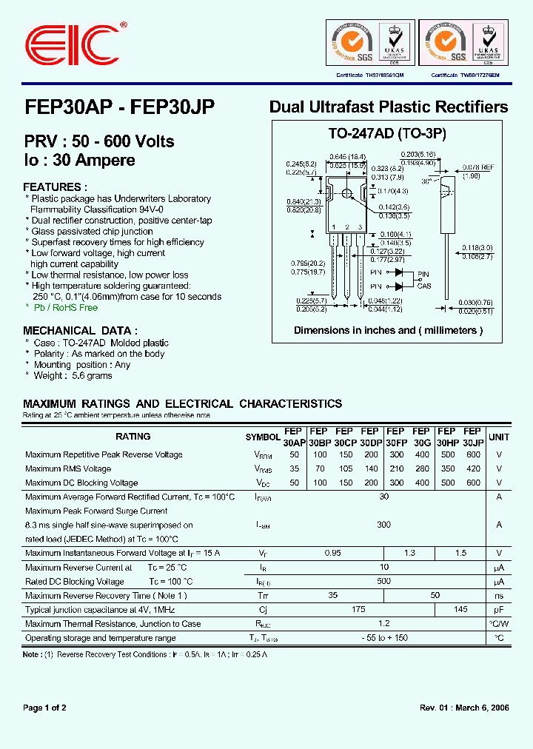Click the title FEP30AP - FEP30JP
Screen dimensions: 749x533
(119, 107)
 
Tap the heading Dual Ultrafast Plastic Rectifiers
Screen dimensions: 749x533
(389, 107)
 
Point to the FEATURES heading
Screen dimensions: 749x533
(55, 187)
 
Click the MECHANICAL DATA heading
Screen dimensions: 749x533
(80, 331)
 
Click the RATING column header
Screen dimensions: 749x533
(133, 437)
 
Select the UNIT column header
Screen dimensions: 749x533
(499, 437)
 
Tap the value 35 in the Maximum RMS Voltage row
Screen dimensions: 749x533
(295, 468)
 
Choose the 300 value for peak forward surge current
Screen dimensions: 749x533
(383, 525)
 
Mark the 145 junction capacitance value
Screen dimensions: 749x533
(460, 610)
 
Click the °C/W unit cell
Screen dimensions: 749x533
(499, 624)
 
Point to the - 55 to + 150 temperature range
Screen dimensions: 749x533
(383, 638)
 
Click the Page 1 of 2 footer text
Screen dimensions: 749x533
(45, 708)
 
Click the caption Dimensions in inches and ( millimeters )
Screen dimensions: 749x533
(388, 330)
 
